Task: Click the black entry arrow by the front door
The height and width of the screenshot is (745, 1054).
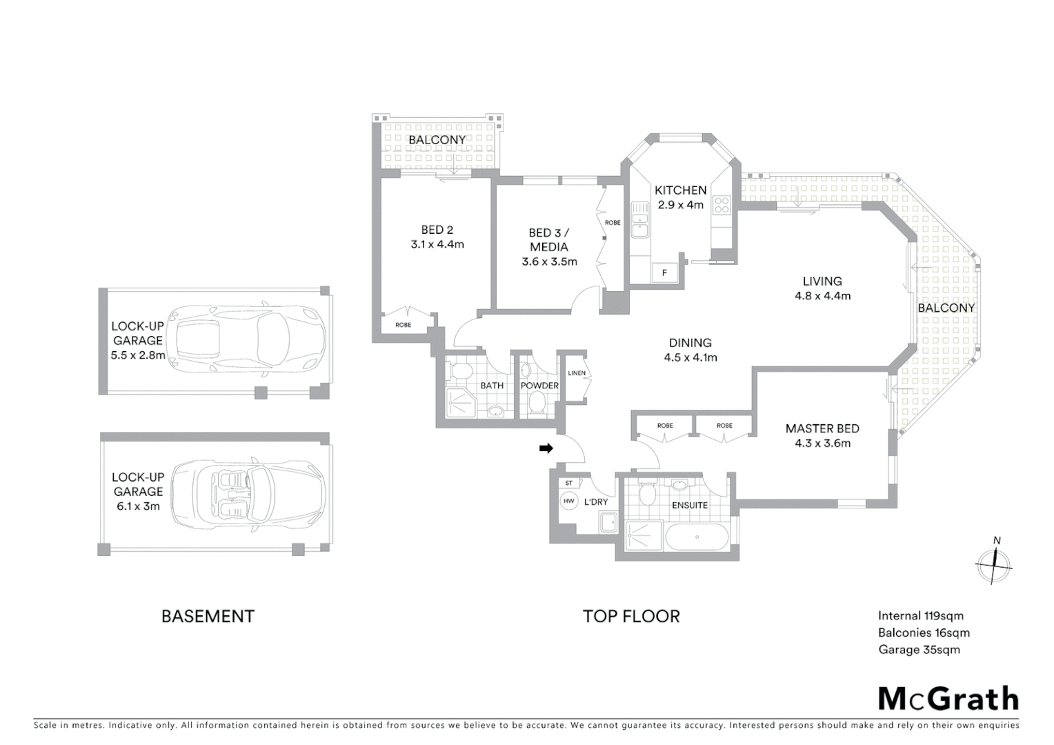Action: point(546,448)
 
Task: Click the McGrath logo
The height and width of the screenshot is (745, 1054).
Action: point(948,699)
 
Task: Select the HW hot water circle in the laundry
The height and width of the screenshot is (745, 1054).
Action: point(569,501)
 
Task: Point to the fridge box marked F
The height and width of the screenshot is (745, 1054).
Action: point(664,272)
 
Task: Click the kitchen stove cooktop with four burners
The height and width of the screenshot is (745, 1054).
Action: point(722,204)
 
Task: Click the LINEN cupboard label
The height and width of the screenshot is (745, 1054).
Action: point(577,373)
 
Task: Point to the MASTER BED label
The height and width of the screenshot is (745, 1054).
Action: point(822,428)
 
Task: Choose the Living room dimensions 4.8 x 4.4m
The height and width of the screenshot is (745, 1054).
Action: point(822,296)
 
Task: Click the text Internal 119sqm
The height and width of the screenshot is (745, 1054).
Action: point(920,616)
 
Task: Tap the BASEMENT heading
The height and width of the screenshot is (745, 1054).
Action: point(208,616)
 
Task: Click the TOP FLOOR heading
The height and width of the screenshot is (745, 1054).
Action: point(631,616)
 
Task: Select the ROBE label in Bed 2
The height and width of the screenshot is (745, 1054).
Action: point(404,325)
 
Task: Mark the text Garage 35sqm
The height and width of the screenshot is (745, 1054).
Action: point(919,649)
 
